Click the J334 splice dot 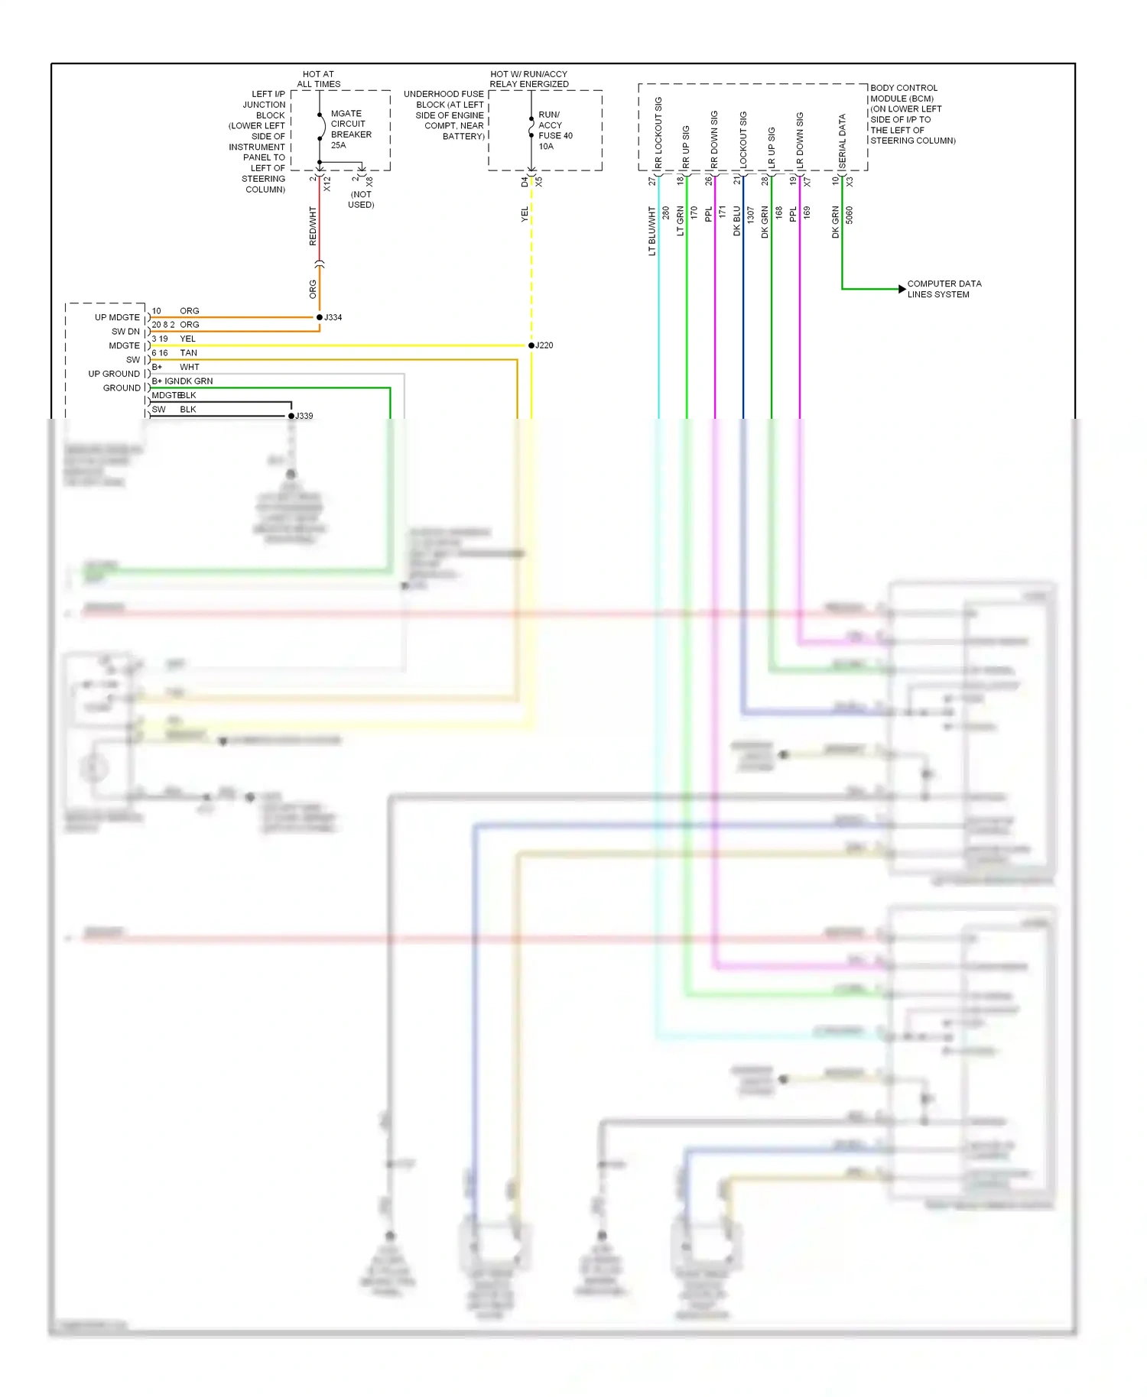(320, 317)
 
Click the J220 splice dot (531, 345)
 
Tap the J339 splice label (304, 416)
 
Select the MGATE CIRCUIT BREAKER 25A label (350, 129)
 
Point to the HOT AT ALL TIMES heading (318, 79)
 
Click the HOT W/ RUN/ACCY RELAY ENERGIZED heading (528, 79)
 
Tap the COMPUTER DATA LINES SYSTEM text (944, 289)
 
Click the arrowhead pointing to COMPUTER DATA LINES (902, 289)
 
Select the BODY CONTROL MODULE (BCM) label (911, 114)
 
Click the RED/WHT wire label (313, 225)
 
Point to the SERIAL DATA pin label (842, 142)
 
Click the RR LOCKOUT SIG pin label (658, 132)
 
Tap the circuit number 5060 (849, 215)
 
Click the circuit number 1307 (751, 215)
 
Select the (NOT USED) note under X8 (361, 199)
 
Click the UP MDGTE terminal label (117, 317)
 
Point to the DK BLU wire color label (737, 221)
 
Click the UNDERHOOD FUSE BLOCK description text (445, 115)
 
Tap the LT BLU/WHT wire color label (652, 231)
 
